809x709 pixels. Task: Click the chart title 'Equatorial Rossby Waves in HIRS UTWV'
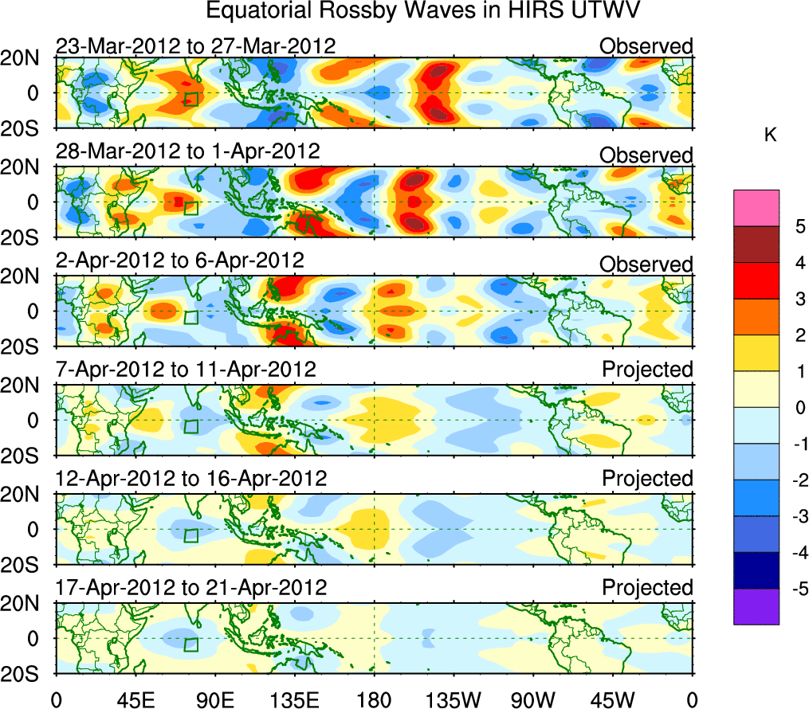[423, 11]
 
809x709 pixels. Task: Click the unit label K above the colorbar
[770, 135]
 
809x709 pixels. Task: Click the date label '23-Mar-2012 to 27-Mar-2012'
[196, 46]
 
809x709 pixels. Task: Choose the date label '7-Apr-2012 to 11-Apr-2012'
[186, 370]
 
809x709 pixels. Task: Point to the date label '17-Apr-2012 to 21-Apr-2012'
[191, 588]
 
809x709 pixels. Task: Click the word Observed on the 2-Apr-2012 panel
[646, 263]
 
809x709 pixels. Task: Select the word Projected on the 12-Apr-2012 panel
[647, 479]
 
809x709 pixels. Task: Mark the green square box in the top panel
[190, 99]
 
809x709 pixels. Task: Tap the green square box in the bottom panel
[190, 644]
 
